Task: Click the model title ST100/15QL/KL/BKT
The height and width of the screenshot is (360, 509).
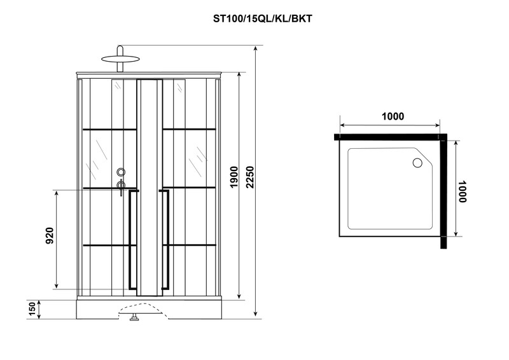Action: click(x=262, y=19)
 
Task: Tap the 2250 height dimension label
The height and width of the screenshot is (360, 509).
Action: click(x=250, y=177)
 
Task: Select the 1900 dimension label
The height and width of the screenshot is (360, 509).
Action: click(x=234, y=177)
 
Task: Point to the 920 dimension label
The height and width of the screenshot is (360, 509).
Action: click(x=50, y=236)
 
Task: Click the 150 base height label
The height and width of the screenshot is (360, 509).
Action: click(x=32, y=309)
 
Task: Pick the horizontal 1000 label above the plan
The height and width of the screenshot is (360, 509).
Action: click(x=393, y=116)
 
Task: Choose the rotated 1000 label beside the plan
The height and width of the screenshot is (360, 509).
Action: click(x=463, y=191)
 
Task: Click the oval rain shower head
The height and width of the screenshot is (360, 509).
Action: click(x=120, y=59)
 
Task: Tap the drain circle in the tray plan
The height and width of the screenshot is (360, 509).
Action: click(x=417, y=163)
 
